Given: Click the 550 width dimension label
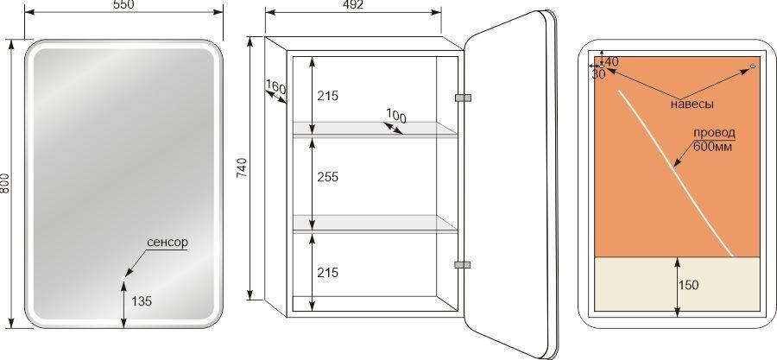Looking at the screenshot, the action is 123,4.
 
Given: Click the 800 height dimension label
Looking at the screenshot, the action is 5,183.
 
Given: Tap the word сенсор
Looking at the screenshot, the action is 167,242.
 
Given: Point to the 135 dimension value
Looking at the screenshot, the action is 142,300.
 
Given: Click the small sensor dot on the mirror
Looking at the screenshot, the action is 123,278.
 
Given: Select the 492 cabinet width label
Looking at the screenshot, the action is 353,5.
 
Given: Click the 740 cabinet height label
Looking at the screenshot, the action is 242,167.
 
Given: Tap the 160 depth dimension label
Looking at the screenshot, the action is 275,87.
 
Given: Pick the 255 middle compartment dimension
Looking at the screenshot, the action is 327,177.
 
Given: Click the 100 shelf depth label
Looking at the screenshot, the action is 396,117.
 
